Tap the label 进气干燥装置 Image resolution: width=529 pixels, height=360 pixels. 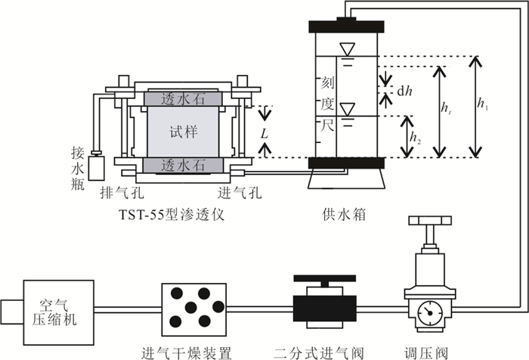[x=187, y=351]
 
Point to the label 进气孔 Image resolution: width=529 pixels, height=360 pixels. [x=240, y=193]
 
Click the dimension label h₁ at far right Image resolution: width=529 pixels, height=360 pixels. [x=482, y=106]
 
